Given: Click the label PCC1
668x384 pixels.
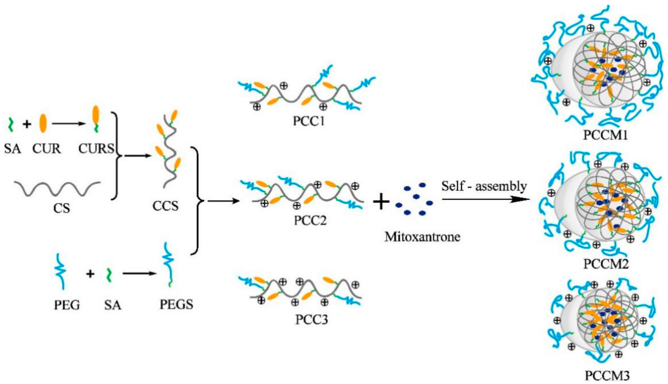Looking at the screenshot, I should click(308, 121).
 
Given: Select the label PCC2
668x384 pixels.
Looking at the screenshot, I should click(310, 220).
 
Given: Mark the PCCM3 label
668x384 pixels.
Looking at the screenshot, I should click(607, 375).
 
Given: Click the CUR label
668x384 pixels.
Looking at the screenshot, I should click(46, 149).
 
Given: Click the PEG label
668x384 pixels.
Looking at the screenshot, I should click(67, 305).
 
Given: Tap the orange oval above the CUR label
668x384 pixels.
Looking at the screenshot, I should click(43, 123).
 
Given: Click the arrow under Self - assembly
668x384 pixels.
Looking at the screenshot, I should click(485, 199).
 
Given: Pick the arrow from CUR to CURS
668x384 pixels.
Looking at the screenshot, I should click(69, 123).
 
